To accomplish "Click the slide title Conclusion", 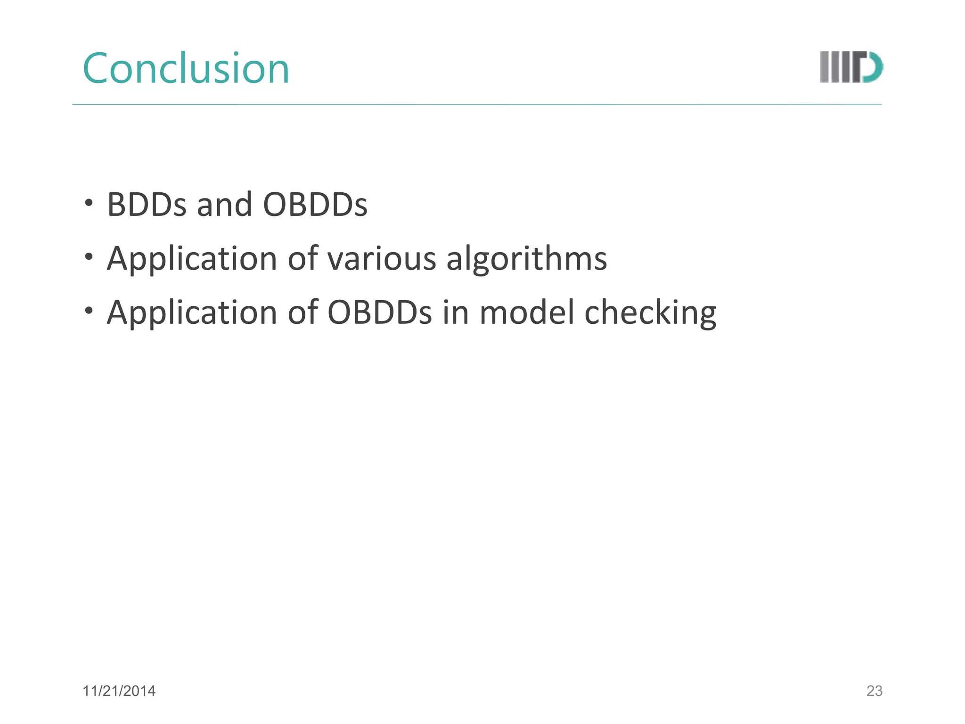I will tap(186, 69).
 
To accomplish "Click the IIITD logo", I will tap(851, 67).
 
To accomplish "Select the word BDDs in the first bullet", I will tap(147, 205).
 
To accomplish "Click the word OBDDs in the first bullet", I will tap(315, 205).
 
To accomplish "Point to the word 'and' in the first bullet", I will tap(224, 205).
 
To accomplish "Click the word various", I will tap(382, 259).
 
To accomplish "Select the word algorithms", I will tap(526, 260).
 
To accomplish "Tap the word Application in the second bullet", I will tap(192, 260).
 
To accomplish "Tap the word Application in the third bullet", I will tap(192, 313).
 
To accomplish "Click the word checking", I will tap(650, 313).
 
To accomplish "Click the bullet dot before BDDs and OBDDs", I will tap(89, 203).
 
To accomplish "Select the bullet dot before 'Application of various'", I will tap(89, 257).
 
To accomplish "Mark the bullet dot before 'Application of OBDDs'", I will tap(89, 311).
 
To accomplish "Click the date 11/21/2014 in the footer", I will tap(119, 691).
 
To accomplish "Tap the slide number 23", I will tap(874, 691).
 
